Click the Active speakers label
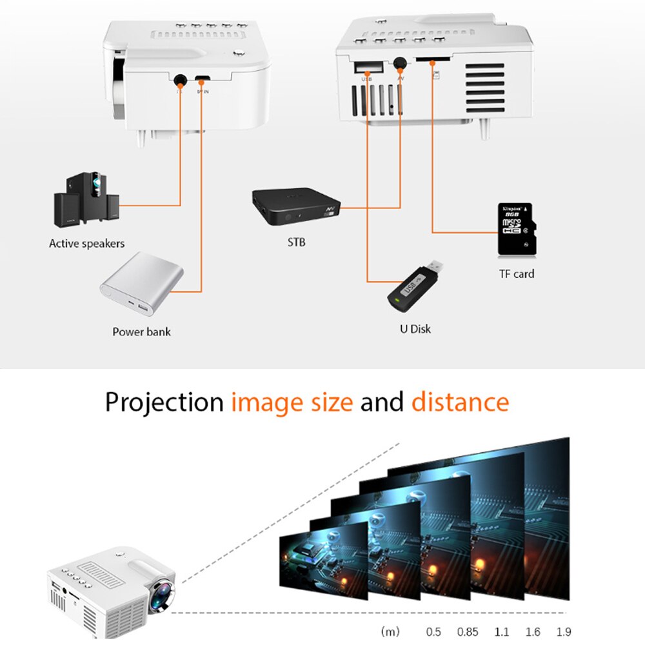tap(86, 244)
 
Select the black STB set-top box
tap(295, 208)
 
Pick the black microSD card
tap(516, 229)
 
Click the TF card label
tap(516, 273)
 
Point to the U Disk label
tap(415, 329)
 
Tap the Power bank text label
tap(141, 332)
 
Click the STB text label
tap(296, 243)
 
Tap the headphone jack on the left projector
tap(180, 80)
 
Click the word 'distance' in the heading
tap(460, 402)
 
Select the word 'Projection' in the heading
tap(164, 402)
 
